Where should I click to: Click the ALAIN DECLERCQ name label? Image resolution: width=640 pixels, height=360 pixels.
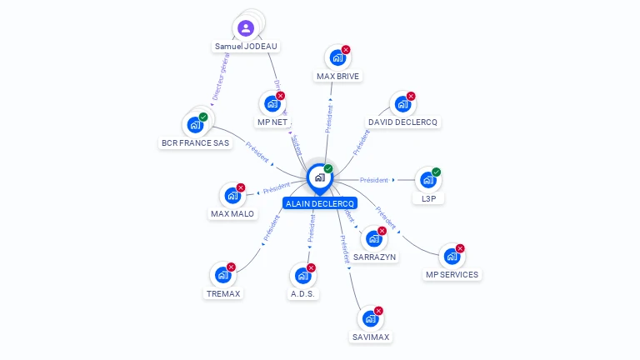click(320, 203)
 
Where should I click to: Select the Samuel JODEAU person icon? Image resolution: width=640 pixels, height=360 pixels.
click(246, 29)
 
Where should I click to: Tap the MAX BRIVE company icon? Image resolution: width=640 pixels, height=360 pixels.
click(337, 58)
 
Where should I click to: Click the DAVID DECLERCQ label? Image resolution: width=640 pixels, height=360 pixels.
click(403, 122)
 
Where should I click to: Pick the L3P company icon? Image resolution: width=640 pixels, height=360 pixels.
click(427, 180)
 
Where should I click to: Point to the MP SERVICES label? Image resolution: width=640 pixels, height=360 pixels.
click(452, 274)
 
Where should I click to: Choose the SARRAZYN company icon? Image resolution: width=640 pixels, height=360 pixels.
click(373, 238)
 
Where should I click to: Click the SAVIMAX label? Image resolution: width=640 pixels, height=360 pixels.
click(371, 337)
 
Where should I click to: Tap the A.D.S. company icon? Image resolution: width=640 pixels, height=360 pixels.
click(302, 275)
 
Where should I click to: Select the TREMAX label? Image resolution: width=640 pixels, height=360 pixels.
click(223, 293)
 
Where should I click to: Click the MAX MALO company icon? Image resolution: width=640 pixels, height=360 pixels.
click(232, 196)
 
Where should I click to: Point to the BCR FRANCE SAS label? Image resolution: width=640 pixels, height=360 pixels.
click(195, 142)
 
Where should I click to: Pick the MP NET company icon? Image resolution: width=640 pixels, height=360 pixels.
click(272, 104)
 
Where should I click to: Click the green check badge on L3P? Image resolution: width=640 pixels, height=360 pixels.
click(436, 172)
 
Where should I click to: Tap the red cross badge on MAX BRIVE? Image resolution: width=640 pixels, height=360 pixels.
click(346, 50)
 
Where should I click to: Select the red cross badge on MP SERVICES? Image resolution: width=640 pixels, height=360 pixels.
click(459, 248)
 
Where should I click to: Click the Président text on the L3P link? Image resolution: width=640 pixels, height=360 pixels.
click(374, 180)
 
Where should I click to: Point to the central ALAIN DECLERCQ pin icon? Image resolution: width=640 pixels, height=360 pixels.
click(319, 177)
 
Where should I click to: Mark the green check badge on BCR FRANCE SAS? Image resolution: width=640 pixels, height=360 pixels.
click(203, 117)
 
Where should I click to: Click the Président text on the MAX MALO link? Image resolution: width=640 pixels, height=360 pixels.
click(276, 189)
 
